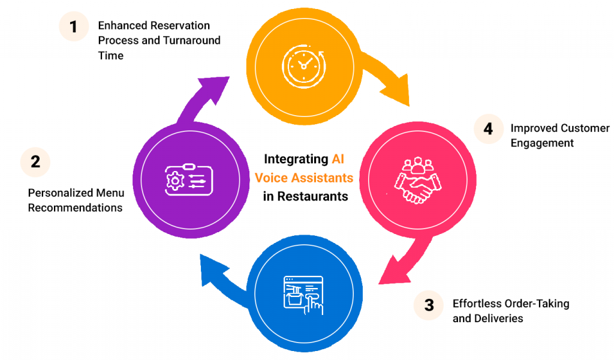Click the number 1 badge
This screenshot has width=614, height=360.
click(73, 27)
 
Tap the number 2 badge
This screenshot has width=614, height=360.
click(35, 162)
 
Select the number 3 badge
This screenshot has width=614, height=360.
click(429, 305)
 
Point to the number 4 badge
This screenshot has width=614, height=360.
click(489, 130)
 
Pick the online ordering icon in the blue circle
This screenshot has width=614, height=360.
click(303, 295)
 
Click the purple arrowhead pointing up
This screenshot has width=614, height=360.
click(215, 89)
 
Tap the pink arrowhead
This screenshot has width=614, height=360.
click(392, 269)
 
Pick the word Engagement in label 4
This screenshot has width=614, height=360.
click(542, 143)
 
